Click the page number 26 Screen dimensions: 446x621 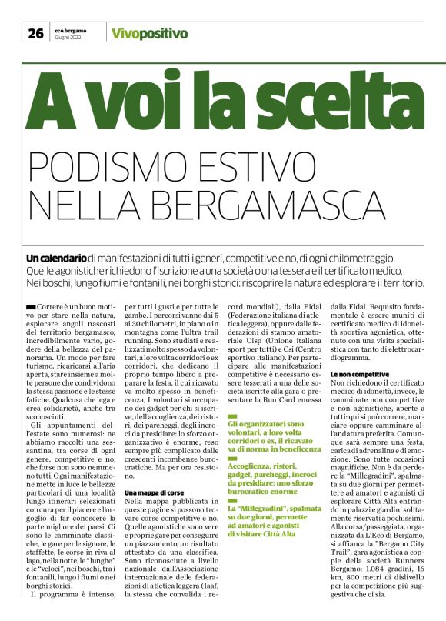pyautogui.click(x=35, y=32)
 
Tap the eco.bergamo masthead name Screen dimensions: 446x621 pyautogui.click(x=70, y=29)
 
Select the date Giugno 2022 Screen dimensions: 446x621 pyautogui.click(x=68, y=37)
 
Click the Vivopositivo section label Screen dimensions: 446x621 pyautogui.click(x=149, y=33)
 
